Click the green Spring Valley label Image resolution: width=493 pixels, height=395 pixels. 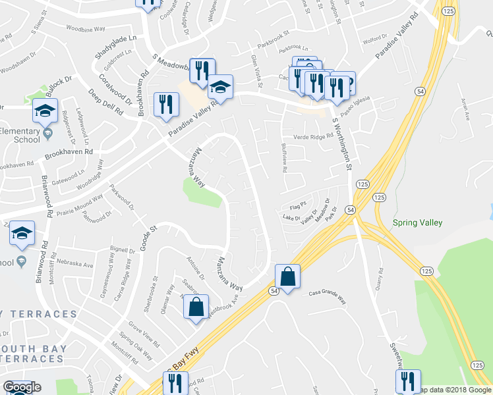click(417, 223)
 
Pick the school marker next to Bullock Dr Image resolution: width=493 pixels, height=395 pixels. click(45, 110)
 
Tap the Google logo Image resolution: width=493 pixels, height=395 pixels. click(22, 387)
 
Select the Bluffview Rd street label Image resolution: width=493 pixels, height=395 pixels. click(284, 159)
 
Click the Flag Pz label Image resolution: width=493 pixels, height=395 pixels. click(298, 204)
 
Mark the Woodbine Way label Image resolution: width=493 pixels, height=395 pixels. click(86, 30)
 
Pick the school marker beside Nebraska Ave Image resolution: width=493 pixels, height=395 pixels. click(22, 234)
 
